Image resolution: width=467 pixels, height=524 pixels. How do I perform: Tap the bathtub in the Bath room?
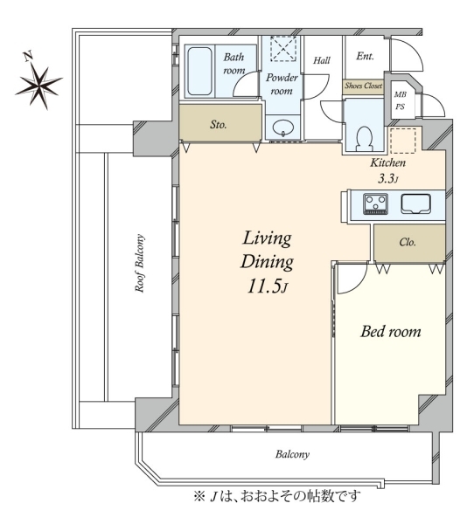(x=199, y=72)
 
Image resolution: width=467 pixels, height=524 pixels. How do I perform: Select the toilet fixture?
(x=365, y=139)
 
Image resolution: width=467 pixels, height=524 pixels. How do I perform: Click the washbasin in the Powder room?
(x=283, y=128)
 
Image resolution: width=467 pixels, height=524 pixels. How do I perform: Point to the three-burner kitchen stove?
(x=376, y=203)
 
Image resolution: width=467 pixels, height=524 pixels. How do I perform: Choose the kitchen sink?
(x=415, y=203)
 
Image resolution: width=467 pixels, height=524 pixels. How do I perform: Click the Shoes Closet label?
(x=364, y=86)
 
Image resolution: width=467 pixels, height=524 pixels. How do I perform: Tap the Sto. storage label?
(x=219, y=125)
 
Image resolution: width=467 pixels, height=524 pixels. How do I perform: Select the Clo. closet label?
(x=408, y=242)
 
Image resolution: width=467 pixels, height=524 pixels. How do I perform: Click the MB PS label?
(x=401, y=100)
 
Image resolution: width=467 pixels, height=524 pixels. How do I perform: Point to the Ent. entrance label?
(x=365, y=56)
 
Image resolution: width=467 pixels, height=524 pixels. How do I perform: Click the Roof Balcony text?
(x=140, y=263)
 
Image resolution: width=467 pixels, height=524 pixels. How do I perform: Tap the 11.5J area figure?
(x=267, y=286)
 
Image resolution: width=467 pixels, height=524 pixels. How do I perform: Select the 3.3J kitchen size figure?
(x=388, y=179)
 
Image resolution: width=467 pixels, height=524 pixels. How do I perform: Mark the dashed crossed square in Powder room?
(x=283, y=49)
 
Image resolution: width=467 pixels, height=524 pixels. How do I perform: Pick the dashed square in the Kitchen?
(x=403, y=141)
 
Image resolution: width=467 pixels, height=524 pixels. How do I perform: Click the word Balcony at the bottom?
(x=292, y=454)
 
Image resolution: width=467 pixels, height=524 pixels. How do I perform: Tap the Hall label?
(x=322, y=60)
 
